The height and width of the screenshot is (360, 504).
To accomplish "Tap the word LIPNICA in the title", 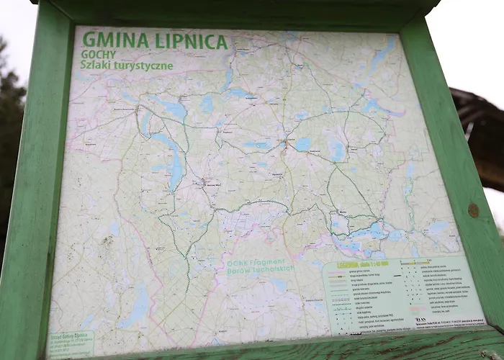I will [189, 42].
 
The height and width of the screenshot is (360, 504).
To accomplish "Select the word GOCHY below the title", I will [99, 55].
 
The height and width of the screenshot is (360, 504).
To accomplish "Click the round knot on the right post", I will [473, 210].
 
